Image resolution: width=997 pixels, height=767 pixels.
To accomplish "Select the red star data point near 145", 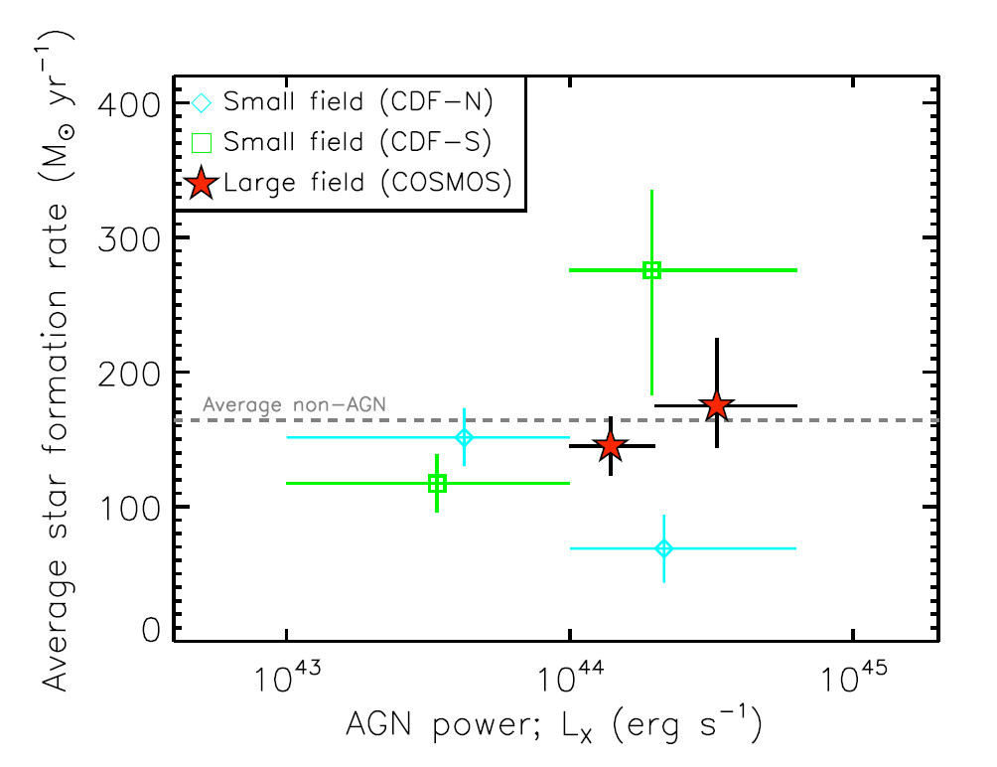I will click(611, 446).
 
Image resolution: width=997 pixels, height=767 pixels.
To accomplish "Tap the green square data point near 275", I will click(651, 270).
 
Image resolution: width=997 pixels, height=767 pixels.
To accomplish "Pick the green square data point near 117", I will click(437, 484).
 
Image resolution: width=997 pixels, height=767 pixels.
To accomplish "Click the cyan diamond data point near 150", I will click(463, 437).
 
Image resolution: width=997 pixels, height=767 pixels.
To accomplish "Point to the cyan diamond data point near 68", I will click(664, 548).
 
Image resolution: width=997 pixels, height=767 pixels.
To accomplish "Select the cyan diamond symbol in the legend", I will click(202, 101).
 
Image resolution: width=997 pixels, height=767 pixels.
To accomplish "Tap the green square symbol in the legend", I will click(202, 142).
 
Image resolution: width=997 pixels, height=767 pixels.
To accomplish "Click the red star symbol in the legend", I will click(202, 183).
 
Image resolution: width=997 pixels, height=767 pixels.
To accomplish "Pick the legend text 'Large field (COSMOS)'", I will click(367, 183).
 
